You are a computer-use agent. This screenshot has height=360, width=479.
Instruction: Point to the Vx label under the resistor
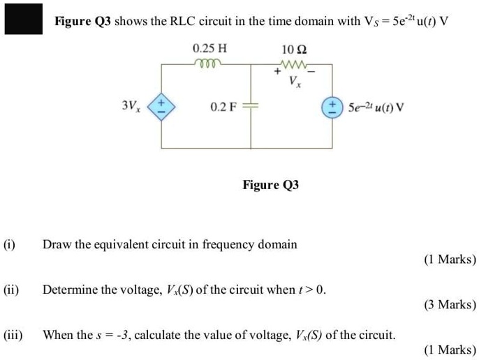coord(294,81)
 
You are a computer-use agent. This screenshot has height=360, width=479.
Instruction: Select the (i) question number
coord(10,244)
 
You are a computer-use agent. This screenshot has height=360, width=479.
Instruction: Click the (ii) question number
coord(12,289)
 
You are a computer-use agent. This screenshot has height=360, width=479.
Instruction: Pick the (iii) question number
coord(13,334)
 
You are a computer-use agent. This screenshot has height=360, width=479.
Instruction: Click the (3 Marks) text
coord(450,304)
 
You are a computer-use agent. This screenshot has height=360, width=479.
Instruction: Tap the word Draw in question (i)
coord(56,244)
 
